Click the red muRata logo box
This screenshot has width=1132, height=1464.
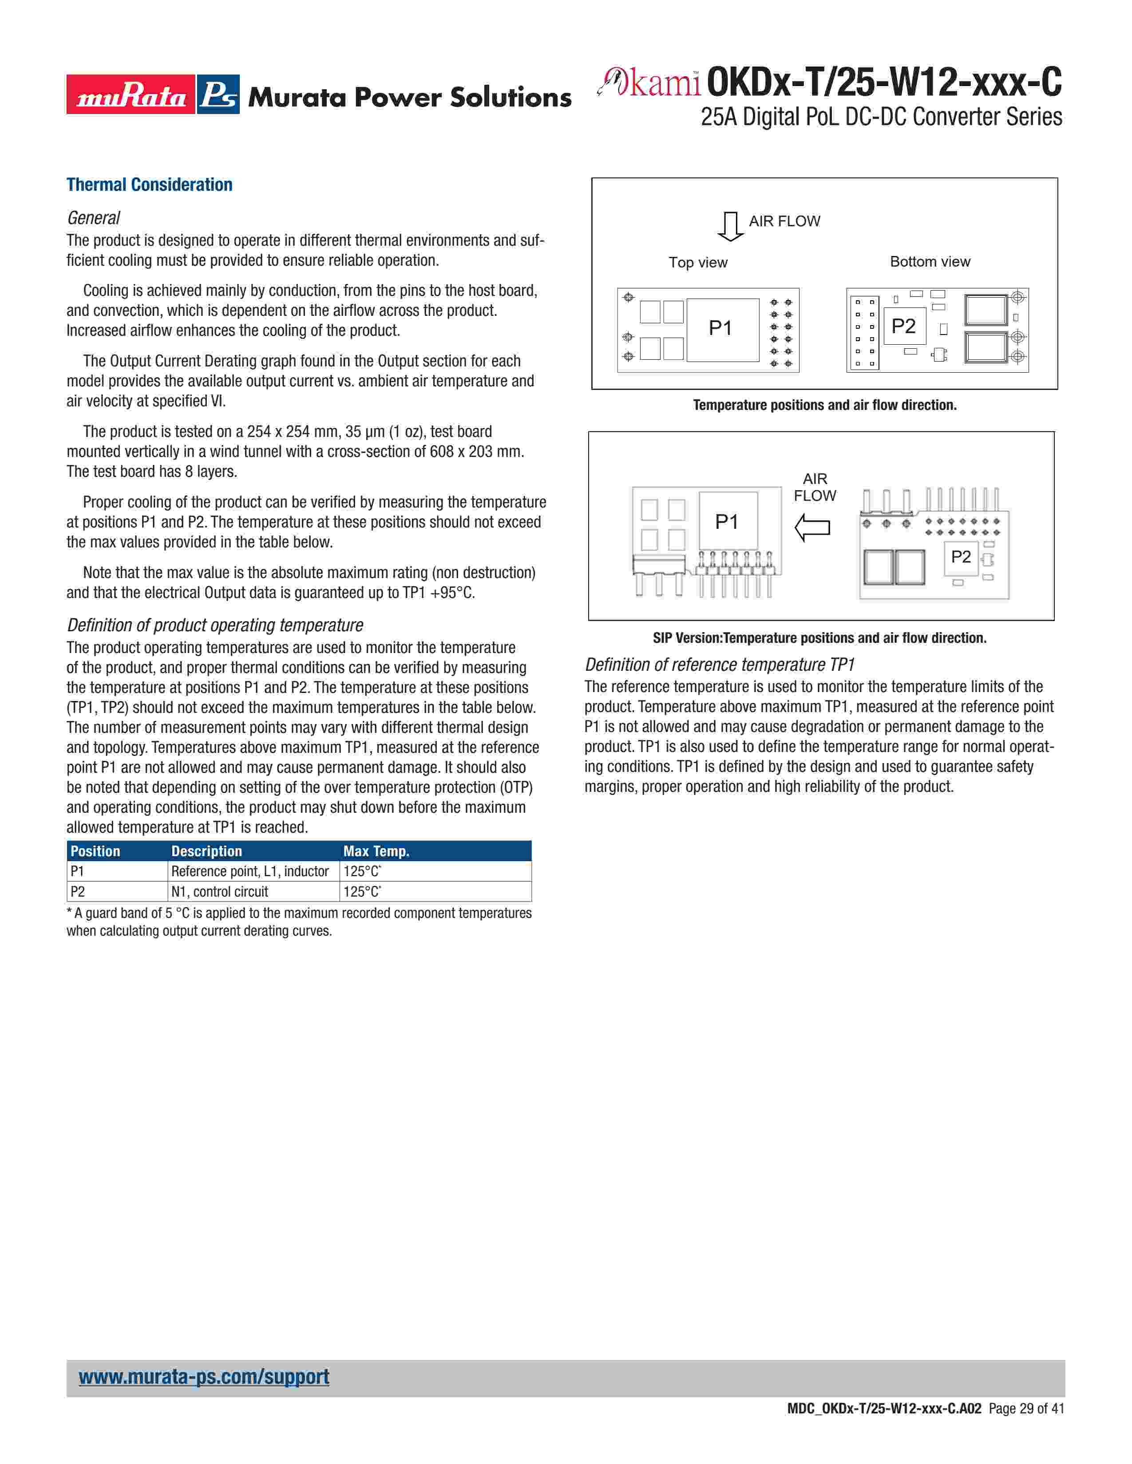(x=131, y=94)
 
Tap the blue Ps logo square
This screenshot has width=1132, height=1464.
(x=218, y=94)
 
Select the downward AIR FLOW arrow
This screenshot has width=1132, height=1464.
(x=730, y=226)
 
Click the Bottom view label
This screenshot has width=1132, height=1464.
(x=930, y=261)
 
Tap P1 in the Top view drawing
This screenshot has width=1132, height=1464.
(x=720, y=328)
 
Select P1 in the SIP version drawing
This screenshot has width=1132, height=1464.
(x=726, y=522)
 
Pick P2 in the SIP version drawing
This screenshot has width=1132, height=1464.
(x=960, y=556)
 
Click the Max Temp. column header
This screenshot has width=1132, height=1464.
(x=376, y=851)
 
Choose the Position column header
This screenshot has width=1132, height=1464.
(x=95, y=851)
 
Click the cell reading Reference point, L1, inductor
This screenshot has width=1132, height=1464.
(x=249, y=871)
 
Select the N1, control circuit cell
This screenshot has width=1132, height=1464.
(x=219, y=892)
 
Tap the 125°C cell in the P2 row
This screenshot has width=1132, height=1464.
(x=362, y=892)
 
